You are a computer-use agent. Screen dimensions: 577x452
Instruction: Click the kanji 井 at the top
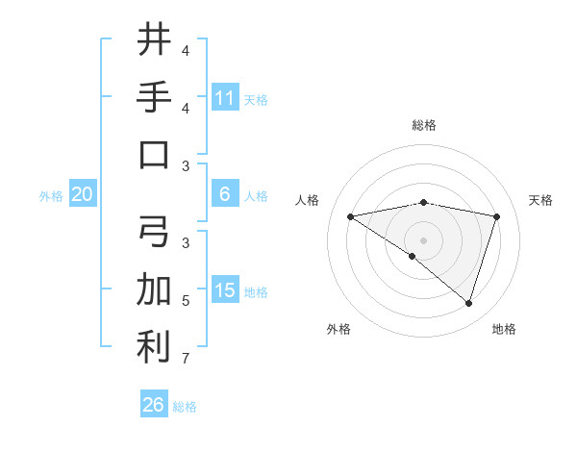click(x=154, y=39)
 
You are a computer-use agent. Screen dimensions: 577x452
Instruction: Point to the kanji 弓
click(x=154, y=231)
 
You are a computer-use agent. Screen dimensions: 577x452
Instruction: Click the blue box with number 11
click(x=225, y=98)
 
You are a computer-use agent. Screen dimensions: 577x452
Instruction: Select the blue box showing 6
click(x=225, y=194)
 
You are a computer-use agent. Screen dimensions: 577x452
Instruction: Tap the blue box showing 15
click(x=225, y=290)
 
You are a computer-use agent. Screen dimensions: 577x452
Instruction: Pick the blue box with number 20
click(x=82, y=194)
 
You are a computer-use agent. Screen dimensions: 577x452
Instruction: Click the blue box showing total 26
click(x=153, y=405)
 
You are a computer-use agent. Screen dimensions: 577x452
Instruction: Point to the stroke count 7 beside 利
click(x=185, y=359)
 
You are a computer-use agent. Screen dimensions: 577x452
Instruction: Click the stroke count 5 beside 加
click(x=185, y=301)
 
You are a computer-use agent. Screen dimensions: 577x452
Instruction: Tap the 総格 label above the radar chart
click(x=423, y=125)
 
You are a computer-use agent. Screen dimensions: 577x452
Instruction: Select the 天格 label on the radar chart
click(x=540, y=200)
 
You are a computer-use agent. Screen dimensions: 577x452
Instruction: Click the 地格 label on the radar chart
click(x=504, y=329)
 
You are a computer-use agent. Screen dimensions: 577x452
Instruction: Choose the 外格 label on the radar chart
click(x=339, y=329)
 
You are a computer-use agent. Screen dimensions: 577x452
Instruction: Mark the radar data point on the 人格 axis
click(x=351, y=216)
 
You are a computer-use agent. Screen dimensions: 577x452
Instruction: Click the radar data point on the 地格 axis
click(x=468, y=303)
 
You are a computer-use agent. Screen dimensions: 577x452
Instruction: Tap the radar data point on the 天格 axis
click(x=496, y=216)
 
